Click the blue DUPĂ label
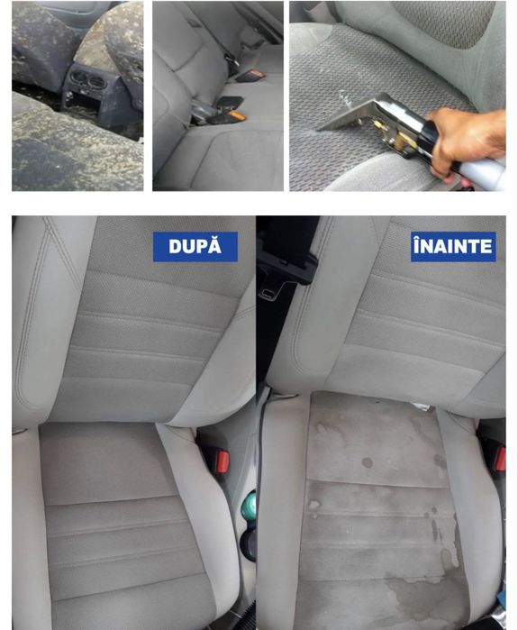tap(195, 246)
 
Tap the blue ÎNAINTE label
tap(453, 246)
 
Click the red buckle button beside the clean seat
tap(223, 461)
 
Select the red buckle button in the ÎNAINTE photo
tap(500, 459)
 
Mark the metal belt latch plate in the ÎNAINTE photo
tap(270, 290)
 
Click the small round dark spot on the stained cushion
tap(367, 462)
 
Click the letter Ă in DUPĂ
tap(215, 245)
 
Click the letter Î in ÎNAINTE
tap(417, 245)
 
